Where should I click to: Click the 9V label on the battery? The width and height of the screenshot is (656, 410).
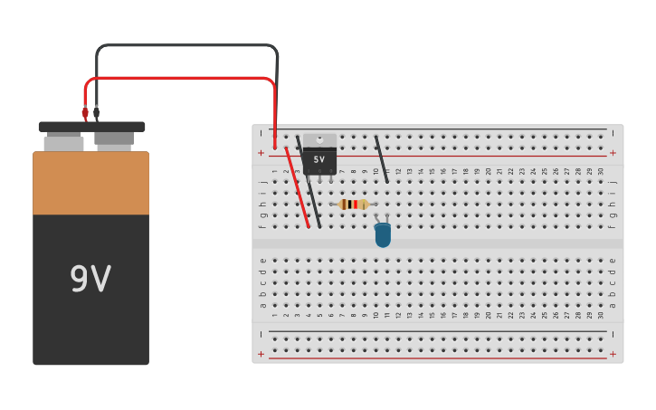pos(90,280)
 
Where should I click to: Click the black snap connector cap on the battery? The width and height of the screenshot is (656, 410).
pos(91,127)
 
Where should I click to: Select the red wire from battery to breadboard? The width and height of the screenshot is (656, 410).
pos(181,79)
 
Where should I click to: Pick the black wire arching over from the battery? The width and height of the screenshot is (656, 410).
pos(181,45)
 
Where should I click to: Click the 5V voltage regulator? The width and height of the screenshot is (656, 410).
pos(319,159)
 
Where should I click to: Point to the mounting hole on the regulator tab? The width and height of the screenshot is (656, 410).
pos(319,139)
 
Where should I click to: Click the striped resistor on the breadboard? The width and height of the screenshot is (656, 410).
pos(353,205)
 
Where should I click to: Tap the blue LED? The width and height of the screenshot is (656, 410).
pos(383,235)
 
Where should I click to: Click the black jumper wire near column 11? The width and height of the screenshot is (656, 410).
pos(382,159)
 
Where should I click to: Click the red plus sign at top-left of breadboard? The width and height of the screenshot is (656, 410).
pos(261,153)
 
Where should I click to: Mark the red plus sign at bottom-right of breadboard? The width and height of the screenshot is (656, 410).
pos(613,354)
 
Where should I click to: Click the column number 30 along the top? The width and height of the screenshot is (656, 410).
pos(601,171)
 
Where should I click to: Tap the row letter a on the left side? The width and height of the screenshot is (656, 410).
pos(262,305)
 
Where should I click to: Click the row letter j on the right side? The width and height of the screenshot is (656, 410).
pos(613,182)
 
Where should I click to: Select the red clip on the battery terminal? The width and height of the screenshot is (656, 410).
pos(85,113)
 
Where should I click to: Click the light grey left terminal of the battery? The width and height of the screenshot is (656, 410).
pos(63,143)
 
